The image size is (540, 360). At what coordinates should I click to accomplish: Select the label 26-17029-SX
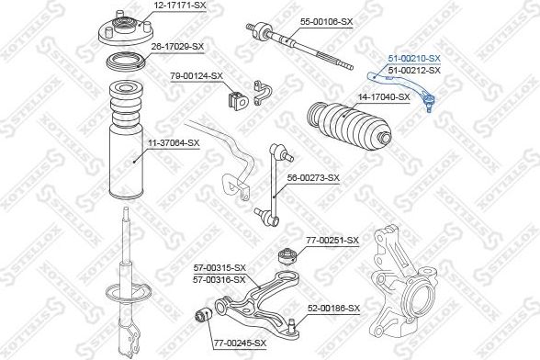point(178,45)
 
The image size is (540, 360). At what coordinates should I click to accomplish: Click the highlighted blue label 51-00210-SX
point(414,58)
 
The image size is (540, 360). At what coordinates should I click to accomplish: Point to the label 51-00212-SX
point(414,70)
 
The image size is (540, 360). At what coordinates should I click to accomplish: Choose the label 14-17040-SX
point(384,95)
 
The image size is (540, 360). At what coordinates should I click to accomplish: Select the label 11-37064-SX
point(174,142)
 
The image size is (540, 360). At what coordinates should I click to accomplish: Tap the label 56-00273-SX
point(313,177)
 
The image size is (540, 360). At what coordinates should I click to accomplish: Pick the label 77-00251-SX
point(332,240)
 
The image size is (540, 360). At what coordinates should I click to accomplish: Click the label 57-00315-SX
point(219,268)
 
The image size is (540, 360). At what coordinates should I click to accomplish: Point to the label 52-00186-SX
point(333,308)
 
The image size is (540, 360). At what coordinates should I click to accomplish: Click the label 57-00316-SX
point(219,278)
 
